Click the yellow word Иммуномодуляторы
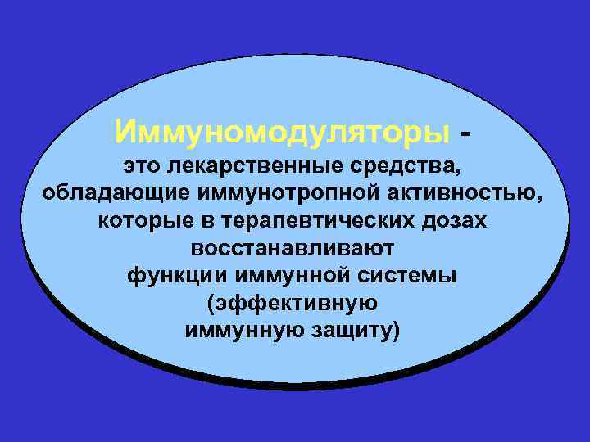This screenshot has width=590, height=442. tap(283, 129)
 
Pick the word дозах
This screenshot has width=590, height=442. tap(454, 221)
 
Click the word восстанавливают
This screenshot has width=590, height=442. tap(293, 248)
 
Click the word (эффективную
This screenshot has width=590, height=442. tap(293, 304)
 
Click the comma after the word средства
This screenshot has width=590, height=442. tap(458, 171)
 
